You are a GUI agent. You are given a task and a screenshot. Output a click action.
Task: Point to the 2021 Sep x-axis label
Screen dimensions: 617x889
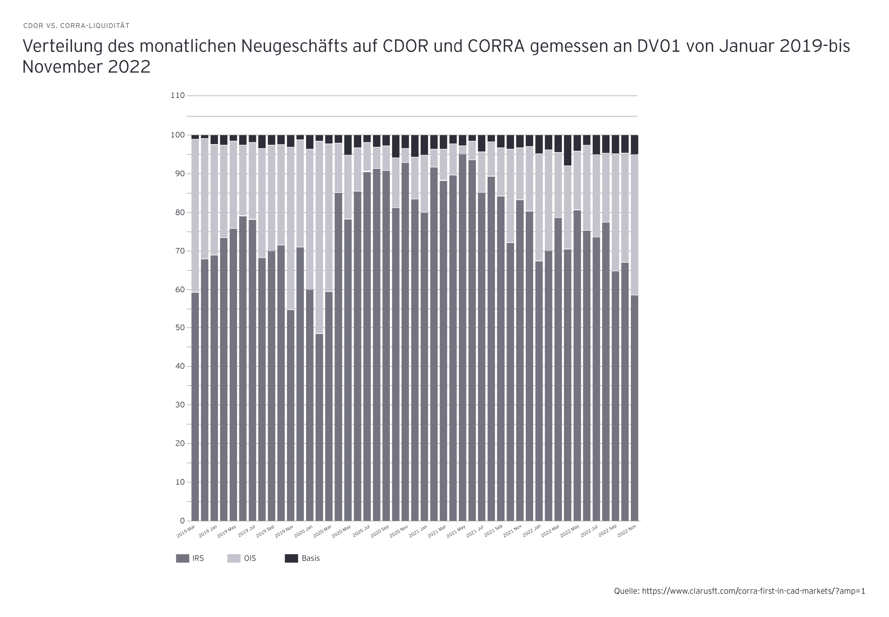tap(494, 531)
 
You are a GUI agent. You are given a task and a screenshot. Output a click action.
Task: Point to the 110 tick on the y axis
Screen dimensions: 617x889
tap(178, 95)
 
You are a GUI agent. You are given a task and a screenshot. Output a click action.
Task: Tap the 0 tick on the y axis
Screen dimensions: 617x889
tap(182, 521)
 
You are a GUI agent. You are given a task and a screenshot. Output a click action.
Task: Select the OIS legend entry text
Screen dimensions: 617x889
tap(250, 558)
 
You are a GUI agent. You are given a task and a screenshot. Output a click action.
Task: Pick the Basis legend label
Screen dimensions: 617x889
tap(311, 558)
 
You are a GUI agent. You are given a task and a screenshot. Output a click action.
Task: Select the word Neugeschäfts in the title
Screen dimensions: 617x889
tap(294, 46)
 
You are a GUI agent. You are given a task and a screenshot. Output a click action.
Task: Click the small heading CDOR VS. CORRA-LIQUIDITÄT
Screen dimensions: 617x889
tap(76, 26)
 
